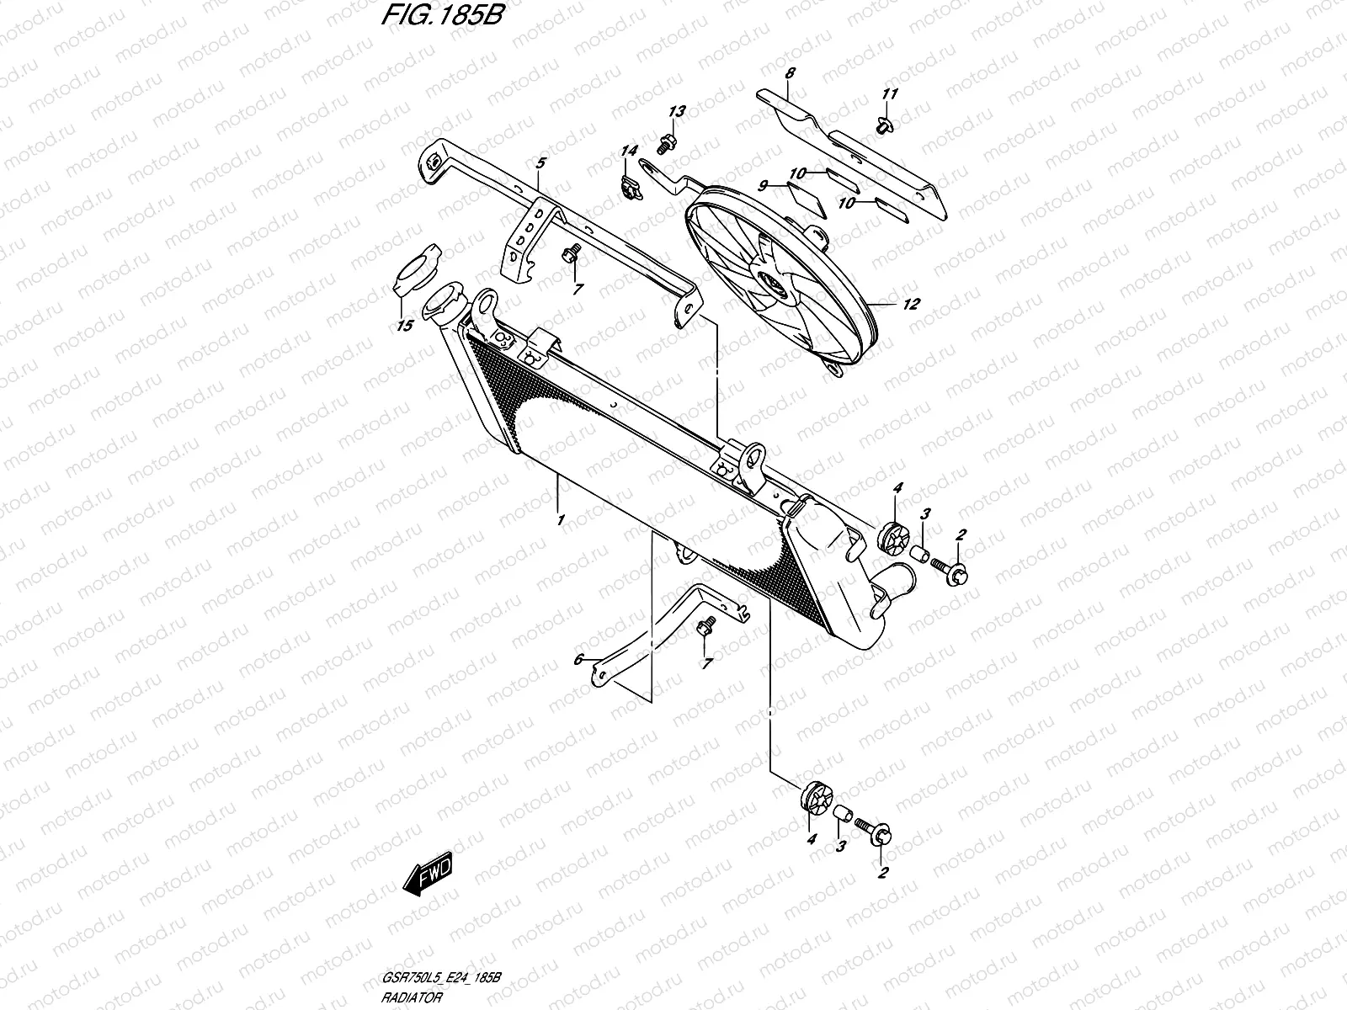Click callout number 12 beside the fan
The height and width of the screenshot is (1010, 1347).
pos(911,304)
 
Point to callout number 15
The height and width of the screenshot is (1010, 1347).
pos(405,326)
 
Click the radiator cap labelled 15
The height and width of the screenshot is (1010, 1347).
pos(417,279)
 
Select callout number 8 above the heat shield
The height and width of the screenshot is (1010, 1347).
pos(789,74)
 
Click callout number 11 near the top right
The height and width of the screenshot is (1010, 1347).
pos(891,93)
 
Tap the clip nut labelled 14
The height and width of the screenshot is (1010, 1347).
pos(627,189)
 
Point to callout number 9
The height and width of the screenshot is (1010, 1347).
pos(764,187)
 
